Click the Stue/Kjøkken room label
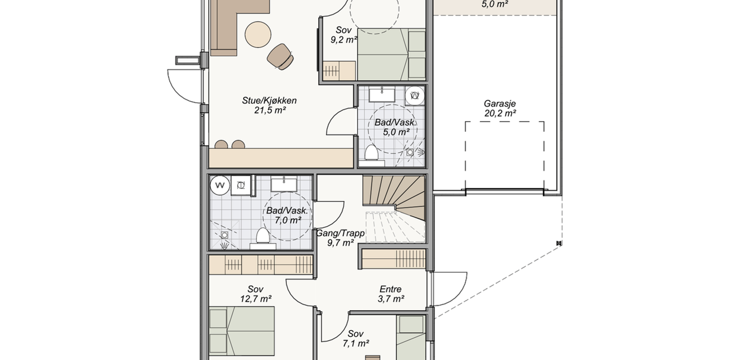pyautogui.click(x=269, y=101)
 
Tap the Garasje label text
pyautogui.click(x=499, y=103)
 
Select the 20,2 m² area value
pyautogui.click(x=500, y=113)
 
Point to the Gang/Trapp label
pyautogui.click(x=340, y=233)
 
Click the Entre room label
pyautogui.click(x=390, y=289)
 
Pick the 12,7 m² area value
pyautogui.click(x=256, y=299)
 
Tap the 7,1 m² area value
pyautogui.click(x=356, y=343)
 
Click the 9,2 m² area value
pyautogui.click(x=344, y=40)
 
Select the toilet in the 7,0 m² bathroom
pyautogui.click(x=263, y=238)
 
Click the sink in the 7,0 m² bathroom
pyautogui.click(x=284, y=184)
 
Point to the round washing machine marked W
pyautogui.click(x=220, y=185)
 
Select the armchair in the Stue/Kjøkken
pyautogui.click(x=281, y=57)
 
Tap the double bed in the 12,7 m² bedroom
pyautogui.click(x=242, y=332)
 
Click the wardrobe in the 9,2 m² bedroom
pyautogui.click(x=339, y=71)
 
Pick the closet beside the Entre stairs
pyautogui.click(x=394, y=259)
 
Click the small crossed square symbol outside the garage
pyautogui.click(x=559, y=243)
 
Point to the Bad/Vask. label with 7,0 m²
pyautogui.click(x=287, y=211)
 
